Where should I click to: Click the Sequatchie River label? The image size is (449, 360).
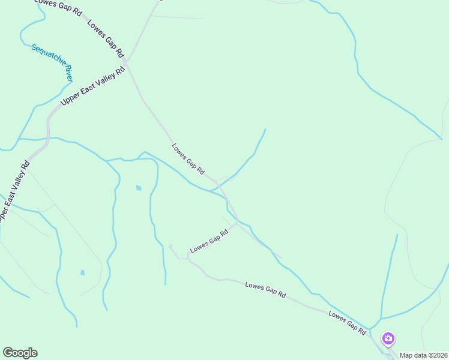52,62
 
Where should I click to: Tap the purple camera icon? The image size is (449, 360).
388,339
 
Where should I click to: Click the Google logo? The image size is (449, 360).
20,353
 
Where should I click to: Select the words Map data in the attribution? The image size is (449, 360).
412,355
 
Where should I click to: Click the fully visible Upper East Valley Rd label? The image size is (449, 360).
93,87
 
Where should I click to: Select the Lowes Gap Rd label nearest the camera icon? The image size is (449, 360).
347,322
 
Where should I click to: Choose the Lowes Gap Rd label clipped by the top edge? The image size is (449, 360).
58,8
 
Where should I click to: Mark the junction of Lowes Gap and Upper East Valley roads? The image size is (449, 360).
125,62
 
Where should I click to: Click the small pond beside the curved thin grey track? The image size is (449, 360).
82,272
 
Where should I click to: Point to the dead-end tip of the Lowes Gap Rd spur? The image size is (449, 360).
170,245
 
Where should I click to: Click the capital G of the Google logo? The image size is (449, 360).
8,352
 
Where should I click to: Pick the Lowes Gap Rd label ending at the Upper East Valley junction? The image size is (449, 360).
105,37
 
